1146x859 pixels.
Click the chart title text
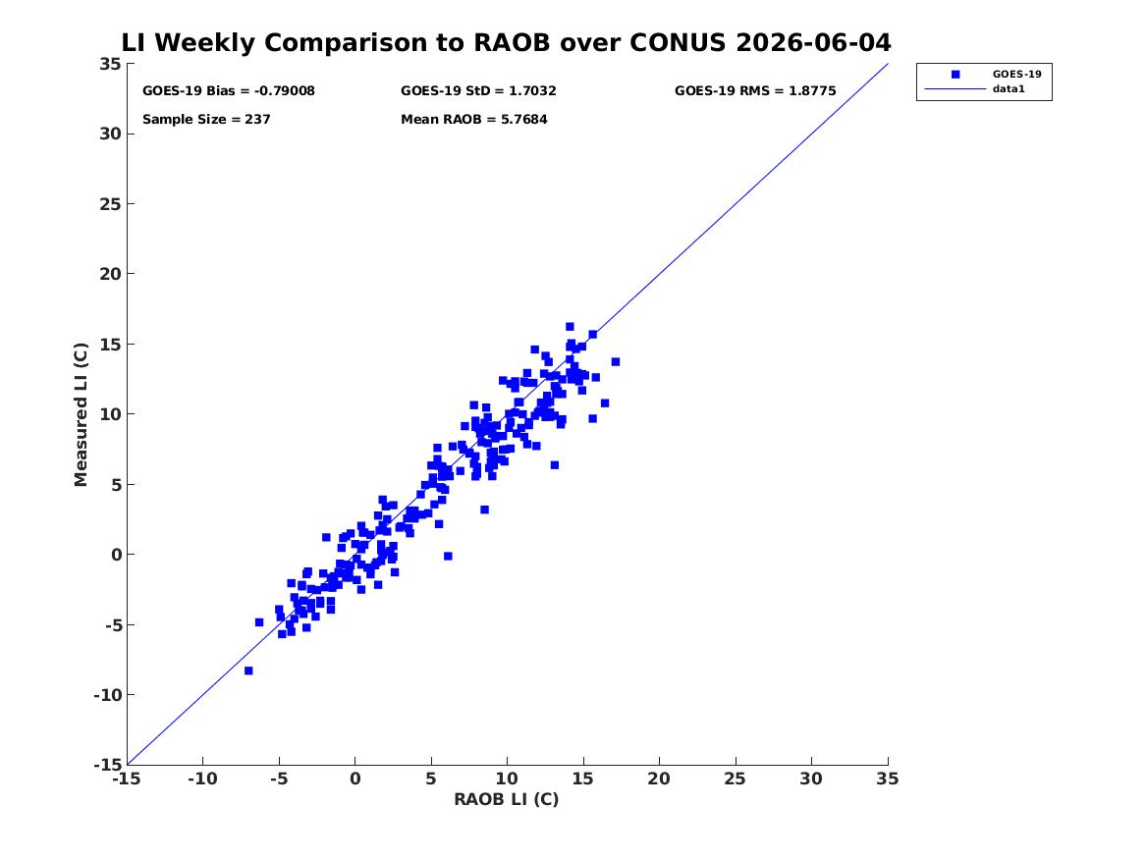[506, 42]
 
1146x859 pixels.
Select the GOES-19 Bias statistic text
[229, 91]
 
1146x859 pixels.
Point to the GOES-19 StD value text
[478, 91]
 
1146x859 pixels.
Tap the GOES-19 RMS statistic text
[755, 91]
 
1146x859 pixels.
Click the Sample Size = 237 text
[206, 120]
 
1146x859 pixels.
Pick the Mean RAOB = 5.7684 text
[474, 120]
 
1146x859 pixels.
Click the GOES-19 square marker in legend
[955, 75]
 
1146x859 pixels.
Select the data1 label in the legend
[1009, 89]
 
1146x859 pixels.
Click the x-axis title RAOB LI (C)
[507, 799]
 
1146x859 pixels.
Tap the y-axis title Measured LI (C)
[81, 414]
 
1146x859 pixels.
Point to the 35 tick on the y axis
[110, 64]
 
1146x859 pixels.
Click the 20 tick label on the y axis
[110, 274]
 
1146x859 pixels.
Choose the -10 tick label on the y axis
[107, 695]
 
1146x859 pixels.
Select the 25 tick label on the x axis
[736, 778]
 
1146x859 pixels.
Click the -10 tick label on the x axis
[202, 778]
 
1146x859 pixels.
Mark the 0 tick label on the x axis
[355, 778]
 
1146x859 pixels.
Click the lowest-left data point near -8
[248, 671]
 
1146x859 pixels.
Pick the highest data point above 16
[571, 327]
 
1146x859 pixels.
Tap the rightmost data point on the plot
[616, 361]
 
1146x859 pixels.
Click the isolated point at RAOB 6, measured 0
[448, 556]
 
